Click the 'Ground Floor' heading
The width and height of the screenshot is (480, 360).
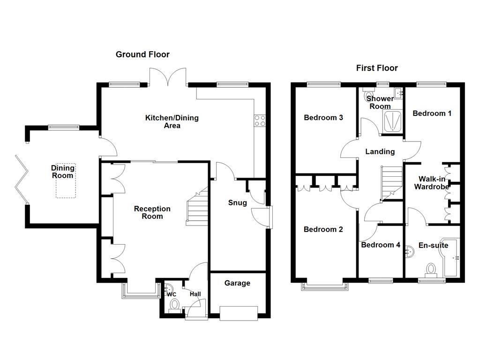pyautogui.click(x=142, y=54)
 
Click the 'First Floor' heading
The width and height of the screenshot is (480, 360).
pyautogui.click(x=377, y=68)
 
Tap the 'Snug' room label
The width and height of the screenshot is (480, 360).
pyautogui.click(x=237, y=202)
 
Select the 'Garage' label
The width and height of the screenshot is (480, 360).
pyautogui.click(x=237, y=283)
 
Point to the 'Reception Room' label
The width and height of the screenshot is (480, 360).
pyautogui.click(x=152, y=212)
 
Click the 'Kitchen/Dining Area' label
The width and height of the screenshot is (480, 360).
pyautogui.click(x=172, y=121)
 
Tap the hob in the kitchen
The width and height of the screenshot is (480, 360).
pyautogui.click(x=260, y=120)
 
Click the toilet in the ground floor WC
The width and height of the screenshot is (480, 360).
pyautogui.click(x=175, y=305)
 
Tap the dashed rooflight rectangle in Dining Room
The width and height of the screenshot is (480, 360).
pyautogui.click(x=66, y=181)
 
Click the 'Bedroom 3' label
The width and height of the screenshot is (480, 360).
pyautogui.click(x=323, y=117)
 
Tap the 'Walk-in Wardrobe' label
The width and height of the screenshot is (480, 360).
pyautogui.click(x=431, y=182)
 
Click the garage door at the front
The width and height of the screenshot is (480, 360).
pyautogui.click(x=238, y=313)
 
